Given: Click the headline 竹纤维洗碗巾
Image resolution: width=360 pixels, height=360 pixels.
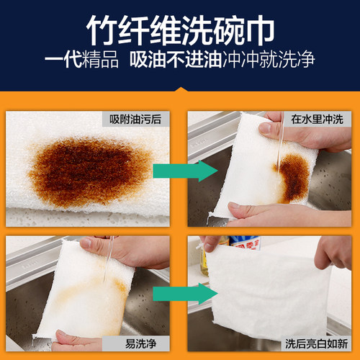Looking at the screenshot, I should click(180, 30).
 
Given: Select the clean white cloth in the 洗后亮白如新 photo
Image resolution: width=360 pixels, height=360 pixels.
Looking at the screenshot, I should click(266, 295).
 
